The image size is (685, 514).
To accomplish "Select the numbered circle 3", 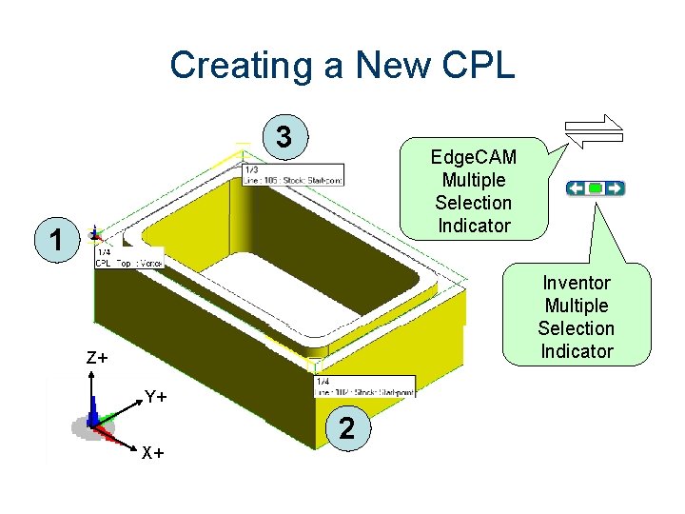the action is pyautogui.click(x=284, y=137).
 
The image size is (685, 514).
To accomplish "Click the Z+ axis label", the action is pyautogui.click(x=97, y=359).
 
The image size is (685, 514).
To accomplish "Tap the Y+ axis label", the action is pyautogui.click(x=156, y=396).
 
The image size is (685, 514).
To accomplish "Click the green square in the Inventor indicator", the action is pyautogui.click(x=596, y=188).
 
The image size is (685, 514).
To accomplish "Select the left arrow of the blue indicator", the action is pyautogui.click(x=577, y=188).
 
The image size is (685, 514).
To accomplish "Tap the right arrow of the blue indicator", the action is pyautogui.click(x=615, y=188).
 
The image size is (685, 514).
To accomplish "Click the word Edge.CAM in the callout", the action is pyautogui.click(x=473, y=157).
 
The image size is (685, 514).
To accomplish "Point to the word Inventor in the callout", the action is pyautogui.click(x=576, y=283).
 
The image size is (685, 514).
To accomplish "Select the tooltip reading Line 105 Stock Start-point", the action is pyautogui.click(x=293, y=174).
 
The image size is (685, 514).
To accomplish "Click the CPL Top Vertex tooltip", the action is pyautogui.click(x=129, y=257).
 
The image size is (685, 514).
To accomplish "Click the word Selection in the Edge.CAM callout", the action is pyautogui.click(x=473, y=203).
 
